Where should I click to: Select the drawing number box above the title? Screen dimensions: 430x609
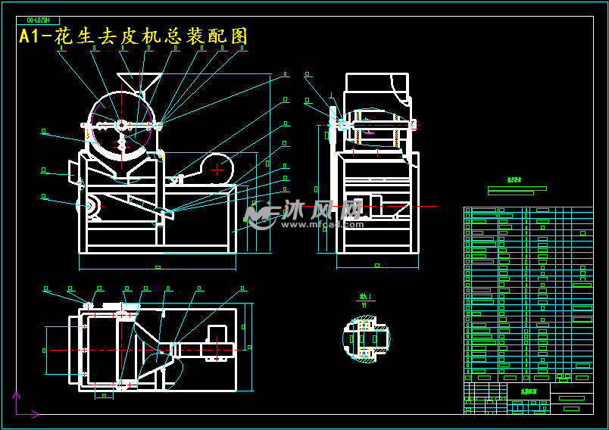tap(42, 20)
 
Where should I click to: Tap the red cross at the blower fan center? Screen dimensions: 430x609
tap(217, 170)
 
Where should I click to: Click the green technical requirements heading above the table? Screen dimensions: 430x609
tap(515, 180)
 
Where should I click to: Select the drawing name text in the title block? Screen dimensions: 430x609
tap(528, 391)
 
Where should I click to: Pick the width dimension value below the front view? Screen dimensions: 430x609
tap(157, 267)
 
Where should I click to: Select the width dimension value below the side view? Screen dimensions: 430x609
tap(376, 265)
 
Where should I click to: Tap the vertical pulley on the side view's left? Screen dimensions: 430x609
tap(333, 121)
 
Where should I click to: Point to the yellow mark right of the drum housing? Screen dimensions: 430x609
tap(161, 157)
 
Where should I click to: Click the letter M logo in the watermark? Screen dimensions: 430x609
tap(260, 215)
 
